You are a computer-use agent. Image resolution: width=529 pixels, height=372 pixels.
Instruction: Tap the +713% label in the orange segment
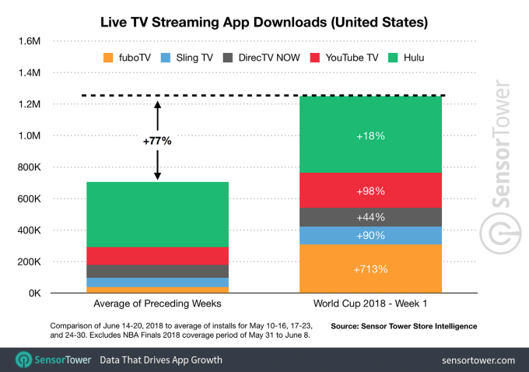(x=370, y=268)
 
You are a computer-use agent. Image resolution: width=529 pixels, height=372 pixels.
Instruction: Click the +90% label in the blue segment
(x=370, y=236)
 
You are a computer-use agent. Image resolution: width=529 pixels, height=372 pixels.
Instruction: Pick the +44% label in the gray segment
(x=370, y=217)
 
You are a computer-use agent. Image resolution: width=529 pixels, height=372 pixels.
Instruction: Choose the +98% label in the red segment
(x=370, y=190)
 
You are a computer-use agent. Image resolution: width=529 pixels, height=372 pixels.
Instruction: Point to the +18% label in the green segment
(x=370, y=135)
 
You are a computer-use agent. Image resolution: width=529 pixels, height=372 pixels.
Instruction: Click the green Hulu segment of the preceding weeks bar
(x=157, y=214)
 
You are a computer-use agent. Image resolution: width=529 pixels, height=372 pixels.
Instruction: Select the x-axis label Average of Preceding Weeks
(x=156, y=304)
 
